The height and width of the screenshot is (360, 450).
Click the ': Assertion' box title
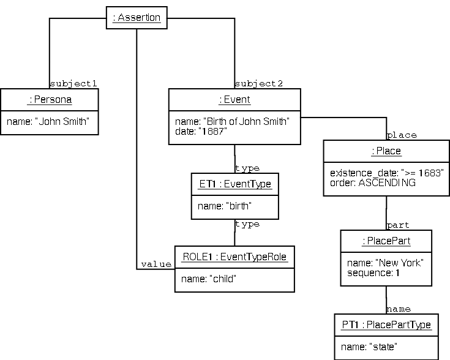[137, 18]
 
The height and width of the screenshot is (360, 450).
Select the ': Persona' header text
[50, 99]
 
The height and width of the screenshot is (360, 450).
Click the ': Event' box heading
[234, 99]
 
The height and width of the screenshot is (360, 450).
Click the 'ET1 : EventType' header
[234, 183]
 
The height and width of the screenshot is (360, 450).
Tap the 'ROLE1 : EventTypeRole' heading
[234, 257]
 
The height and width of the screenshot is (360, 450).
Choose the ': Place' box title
[386, 151]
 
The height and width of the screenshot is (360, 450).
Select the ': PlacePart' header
[386, 241]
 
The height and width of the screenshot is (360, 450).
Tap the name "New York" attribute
[385, 263]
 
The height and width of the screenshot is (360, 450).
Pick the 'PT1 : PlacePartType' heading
[386, 324]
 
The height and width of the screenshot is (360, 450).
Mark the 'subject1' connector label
[73, 83]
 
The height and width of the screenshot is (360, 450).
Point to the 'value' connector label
[156, 264]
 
